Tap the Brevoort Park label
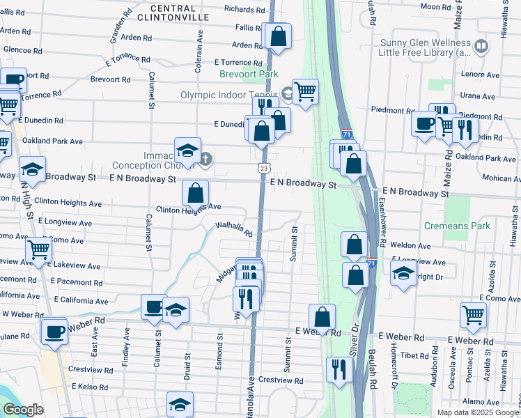[249, 74]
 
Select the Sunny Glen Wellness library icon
[481, 47]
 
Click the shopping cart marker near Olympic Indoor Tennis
[305, 91]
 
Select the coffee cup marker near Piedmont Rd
[424, 124]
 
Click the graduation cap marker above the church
[187, 150]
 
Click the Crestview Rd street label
[280, 381]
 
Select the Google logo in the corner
[23, 410]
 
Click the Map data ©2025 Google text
[478, 412]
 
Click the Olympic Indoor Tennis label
[229, 95]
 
